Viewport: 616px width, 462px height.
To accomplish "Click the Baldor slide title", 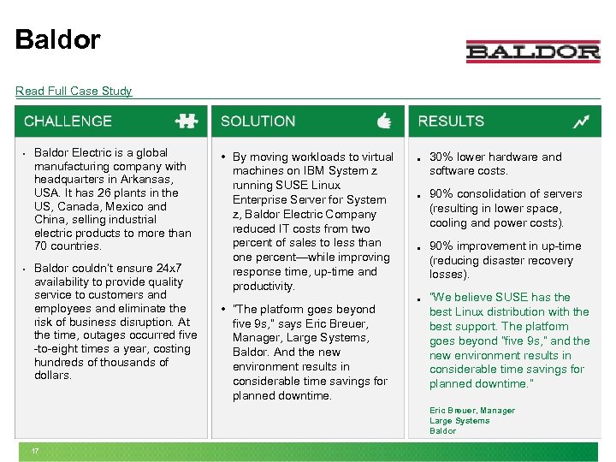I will [x=57, y=39].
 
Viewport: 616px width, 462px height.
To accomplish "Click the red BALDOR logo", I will [x=533, y=52].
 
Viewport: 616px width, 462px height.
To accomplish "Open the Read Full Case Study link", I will [x=74, y=91].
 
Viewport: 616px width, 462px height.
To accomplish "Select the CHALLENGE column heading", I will [x=68, y=121].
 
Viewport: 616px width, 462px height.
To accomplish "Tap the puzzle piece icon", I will [x=186, y=121].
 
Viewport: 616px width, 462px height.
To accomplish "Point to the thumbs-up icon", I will [x=384, y=121].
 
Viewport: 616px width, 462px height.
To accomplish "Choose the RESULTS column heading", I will [x=451, y=121].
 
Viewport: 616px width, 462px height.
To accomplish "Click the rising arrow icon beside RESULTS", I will [x=582, y=121].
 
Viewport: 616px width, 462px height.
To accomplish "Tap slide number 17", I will [x=35, y=451].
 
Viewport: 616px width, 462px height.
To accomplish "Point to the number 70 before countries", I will [x=41, y=246].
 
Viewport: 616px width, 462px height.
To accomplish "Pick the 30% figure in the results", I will [x=441, y=157].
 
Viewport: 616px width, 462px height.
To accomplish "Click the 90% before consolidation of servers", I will [x=441, y=193].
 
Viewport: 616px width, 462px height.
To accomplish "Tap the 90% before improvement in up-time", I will [x=441, y=246].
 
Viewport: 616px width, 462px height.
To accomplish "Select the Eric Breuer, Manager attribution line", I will [x=472, y=411].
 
